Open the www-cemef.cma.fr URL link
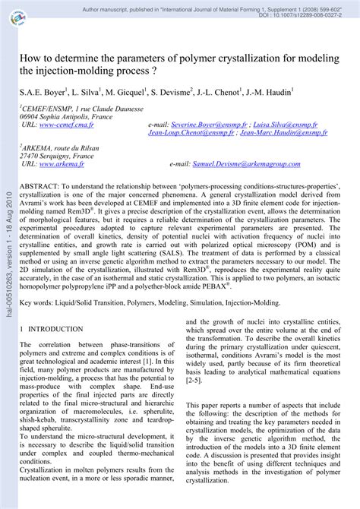tap(69, 124)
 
